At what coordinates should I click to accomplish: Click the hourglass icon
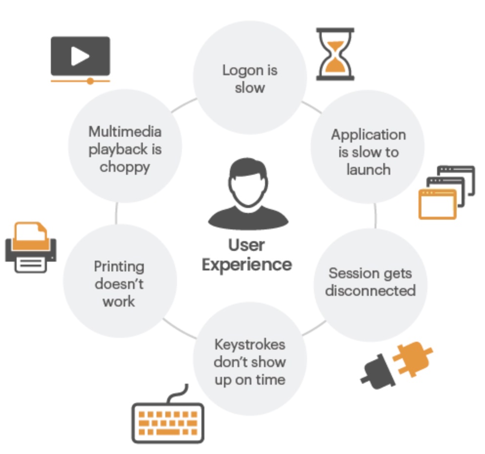(335, 54)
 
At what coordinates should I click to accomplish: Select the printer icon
(30, 248)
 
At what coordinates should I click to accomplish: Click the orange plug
(410, 357)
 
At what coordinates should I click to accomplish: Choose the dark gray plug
(377, 373)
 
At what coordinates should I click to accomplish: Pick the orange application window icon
(437, 204)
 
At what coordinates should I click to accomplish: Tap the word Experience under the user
(247, 265)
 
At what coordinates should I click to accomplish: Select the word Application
(368, 134)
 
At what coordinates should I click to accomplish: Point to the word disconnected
(370, 291)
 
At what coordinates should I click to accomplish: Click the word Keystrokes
(249, 345)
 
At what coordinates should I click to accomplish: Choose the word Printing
(119, 267)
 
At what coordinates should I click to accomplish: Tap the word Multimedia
(125, 132)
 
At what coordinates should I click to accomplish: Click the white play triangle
(80, 56)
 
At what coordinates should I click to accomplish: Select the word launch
(368, 169)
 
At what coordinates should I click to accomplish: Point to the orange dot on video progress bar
(90, 81)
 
